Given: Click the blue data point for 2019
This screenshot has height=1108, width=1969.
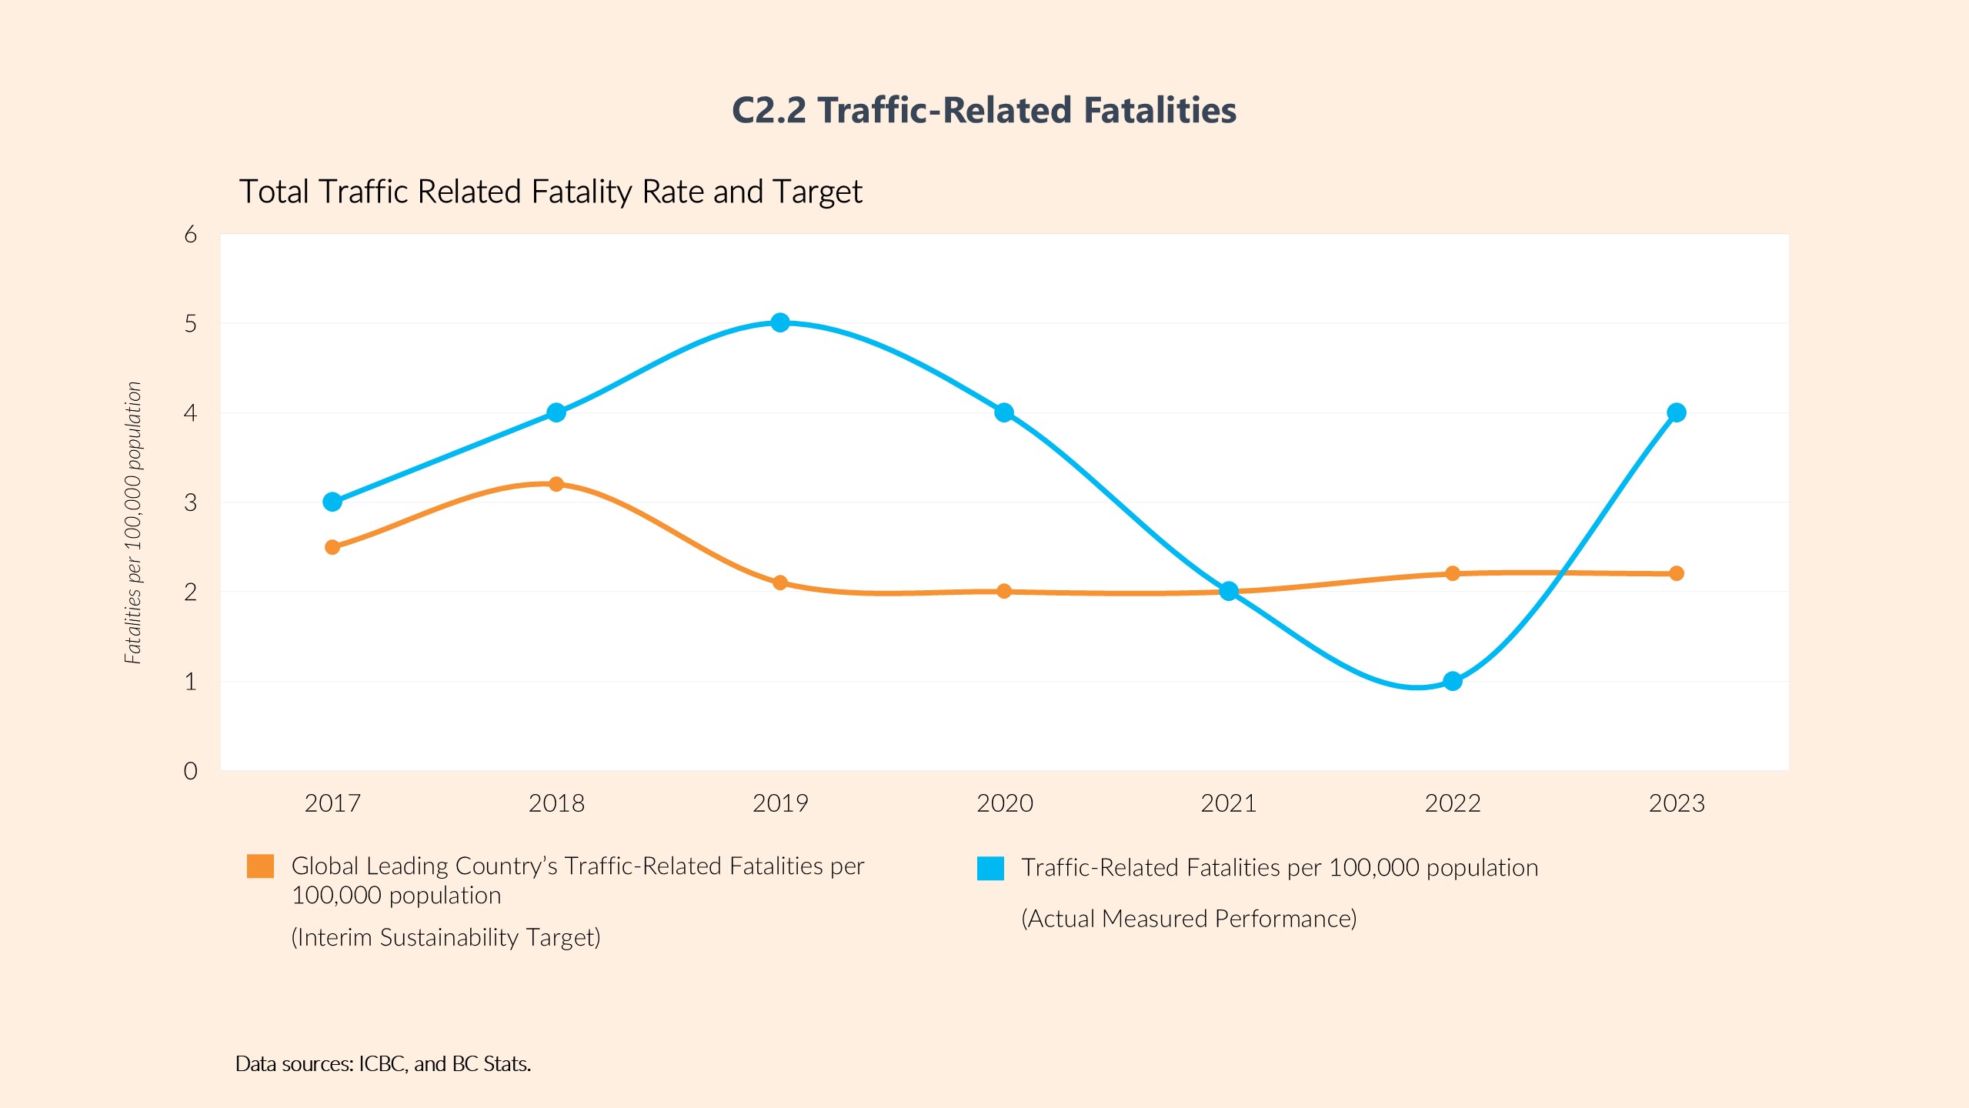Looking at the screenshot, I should click(x=780, y=322).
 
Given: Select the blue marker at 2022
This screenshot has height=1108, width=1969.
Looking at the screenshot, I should click(x=1453, y=681).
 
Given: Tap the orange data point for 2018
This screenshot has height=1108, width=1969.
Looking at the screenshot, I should click(x=556, y=484).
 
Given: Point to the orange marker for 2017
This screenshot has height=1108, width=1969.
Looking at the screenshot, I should click(x=332, y=547).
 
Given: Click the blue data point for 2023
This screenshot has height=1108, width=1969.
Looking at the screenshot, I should click(x=1677, y=412).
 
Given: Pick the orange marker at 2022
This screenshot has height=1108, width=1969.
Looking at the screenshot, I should click(x=1453, y=573).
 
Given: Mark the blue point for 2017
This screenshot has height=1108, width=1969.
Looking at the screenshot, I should click(x=332, y=502).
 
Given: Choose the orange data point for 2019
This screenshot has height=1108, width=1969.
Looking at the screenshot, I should click(x=780, y=582).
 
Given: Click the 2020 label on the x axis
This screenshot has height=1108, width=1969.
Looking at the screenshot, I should click(x=1004, y=803).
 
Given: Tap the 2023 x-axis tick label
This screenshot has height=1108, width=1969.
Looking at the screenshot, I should click(x=1677, y=803).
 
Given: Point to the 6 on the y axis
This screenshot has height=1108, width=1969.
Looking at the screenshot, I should click(x=190, y=235).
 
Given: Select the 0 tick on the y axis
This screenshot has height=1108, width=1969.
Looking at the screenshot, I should click(x=190, y=771).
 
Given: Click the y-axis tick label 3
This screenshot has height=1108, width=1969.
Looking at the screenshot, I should click(x=190, y=502).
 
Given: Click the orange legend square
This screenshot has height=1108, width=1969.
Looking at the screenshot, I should click(x=260, y=866).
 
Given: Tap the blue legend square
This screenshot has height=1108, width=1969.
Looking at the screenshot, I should click(x=990, y=868).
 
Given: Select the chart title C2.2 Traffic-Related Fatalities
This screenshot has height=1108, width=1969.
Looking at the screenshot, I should click(x=984, y=110).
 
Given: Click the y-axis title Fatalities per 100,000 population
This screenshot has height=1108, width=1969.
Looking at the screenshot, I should click(x=133, y=522).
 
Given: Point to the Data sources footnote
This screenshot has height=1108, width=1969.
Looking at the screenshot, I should click(x=383, y=1063).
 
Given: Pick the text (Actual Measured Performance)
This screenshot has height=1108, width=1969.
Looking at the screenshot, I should click(x=1189, y=919).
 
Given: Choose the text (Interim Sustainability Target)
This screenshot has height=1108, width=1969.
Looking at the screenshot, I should click(x=446, y=937).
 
